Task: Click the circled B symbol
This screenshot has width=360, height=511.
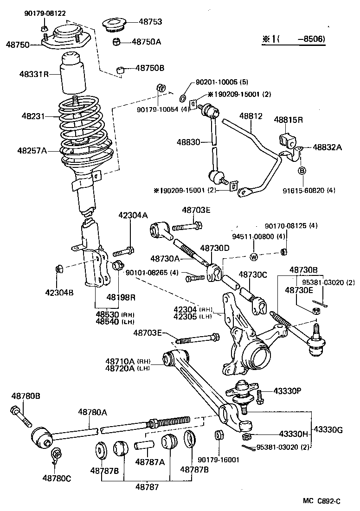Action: click(301, 171)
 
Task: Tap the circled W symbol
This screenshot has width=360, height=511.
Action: click(254, 257)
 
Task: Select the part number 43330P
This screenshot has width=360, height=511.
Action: click(287, 391)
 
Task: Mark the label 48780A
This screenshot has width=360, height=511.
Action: click(92, 411)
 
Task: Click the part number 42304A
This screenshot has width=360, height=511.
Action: click(133, 215)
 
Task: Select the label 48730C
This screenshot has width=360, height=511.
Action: click(253, 275)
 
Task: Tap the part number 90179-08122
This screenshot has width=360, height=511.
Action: click(45, 13)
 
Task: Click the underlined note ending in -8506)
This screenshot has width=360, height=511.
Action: click(294, 40)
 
